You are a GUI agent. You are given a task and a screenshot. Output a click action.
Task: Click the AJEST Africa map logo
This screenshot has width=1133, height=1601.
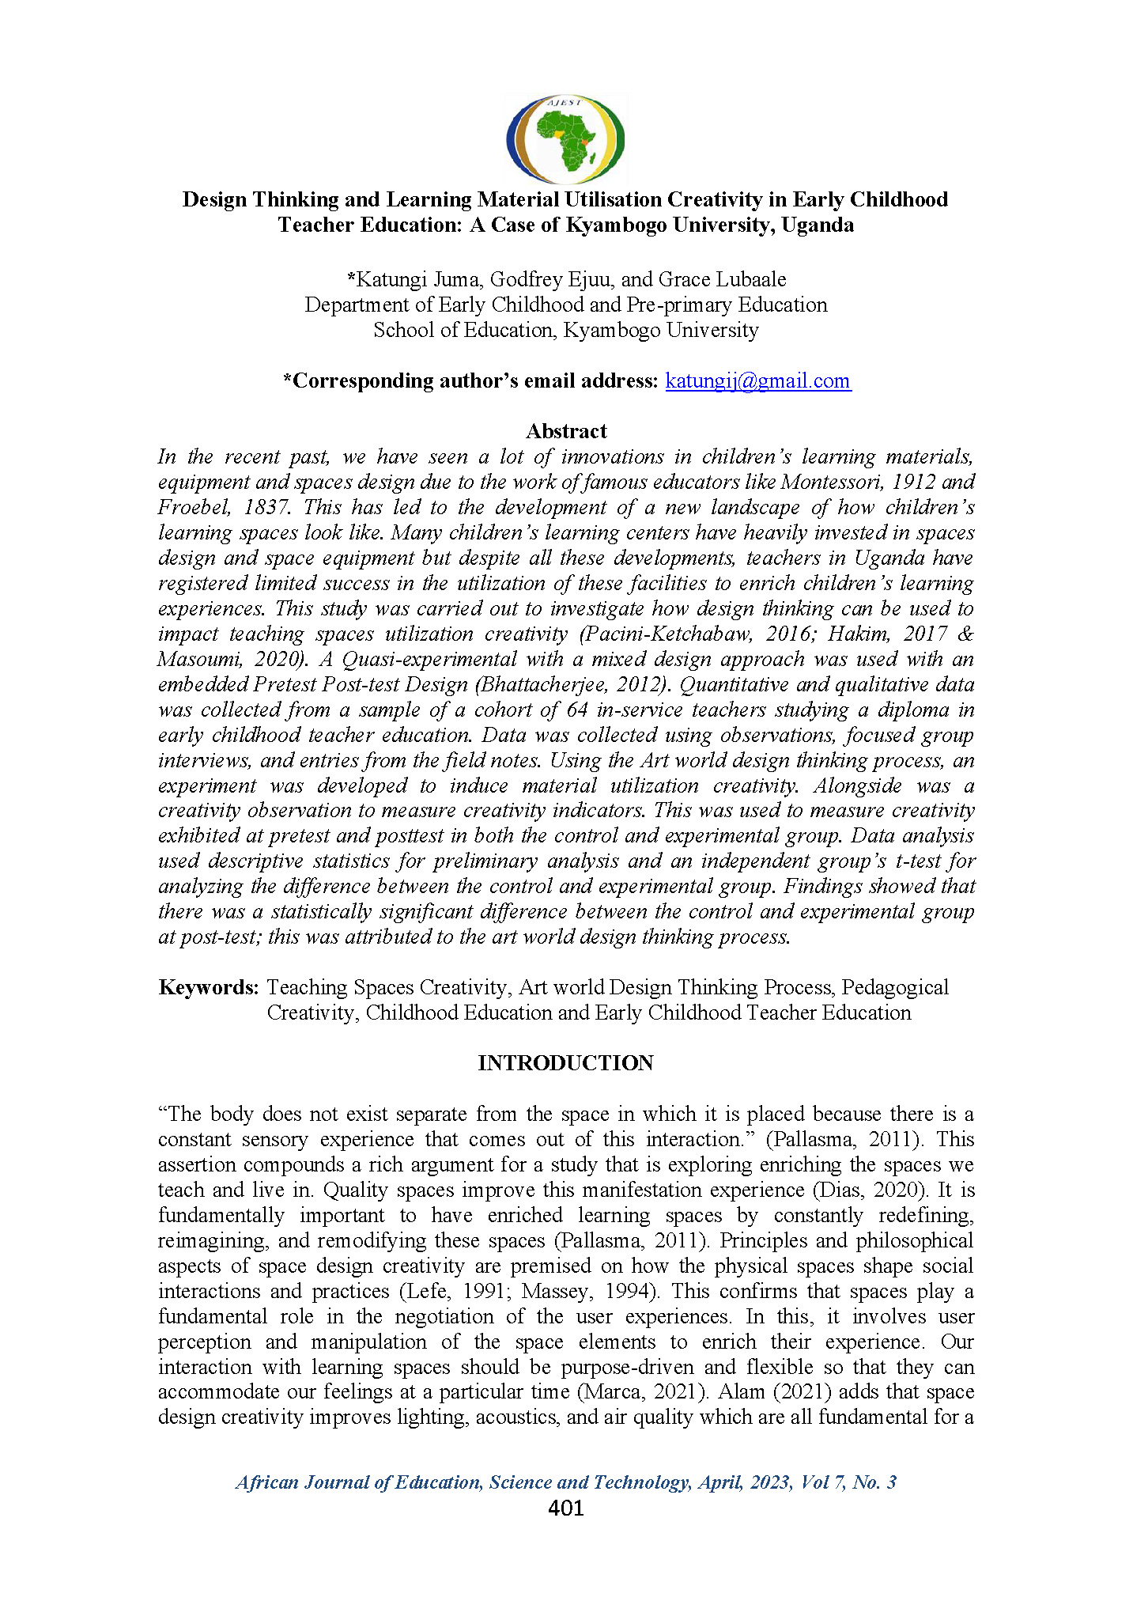click(x=566, y=139)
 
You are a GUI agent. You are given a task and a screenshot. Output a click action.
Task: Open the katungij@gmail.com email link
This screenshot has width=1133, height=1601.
click(x=757, y=380)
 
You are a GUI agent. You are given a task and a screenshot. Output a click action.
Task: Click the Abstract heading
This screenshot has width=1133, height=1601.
click(x=566, y=431)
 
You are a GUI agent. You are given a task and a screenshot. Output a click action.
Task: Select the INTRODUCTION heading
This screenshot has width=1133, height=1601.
click(x=565, y=1063)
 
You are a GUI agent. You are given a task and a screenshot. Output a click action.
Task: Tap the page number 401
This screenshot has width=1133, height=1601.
click(x=566, y=1508)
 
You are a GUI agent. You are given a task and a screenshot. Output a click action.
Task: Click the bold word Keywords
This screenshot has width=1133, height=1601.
click(x=209, y=987)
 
